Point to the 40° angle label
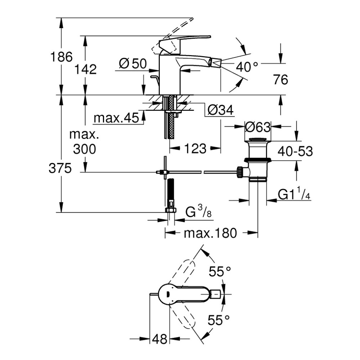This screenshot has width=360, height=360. pyautogui.click(x=247, y=66)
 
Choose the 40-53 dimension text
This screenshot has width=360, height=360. pyautogui.click(x=295, y=151)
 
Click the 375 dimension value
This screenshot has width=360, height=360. pyautogui.click(x=60, y=168)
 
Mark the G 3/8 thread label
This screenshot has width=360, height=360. pyautogui.click(x=198, y=212)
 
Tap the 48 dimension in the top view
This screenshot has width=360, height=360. pyautogui.click(x=159, y=339)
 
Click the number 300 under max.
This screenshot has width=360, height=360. pyautogui.click(x=85, y=148)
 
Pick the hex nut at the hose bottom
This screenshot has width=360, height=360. pyautogui.click(x=170, y=210)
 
